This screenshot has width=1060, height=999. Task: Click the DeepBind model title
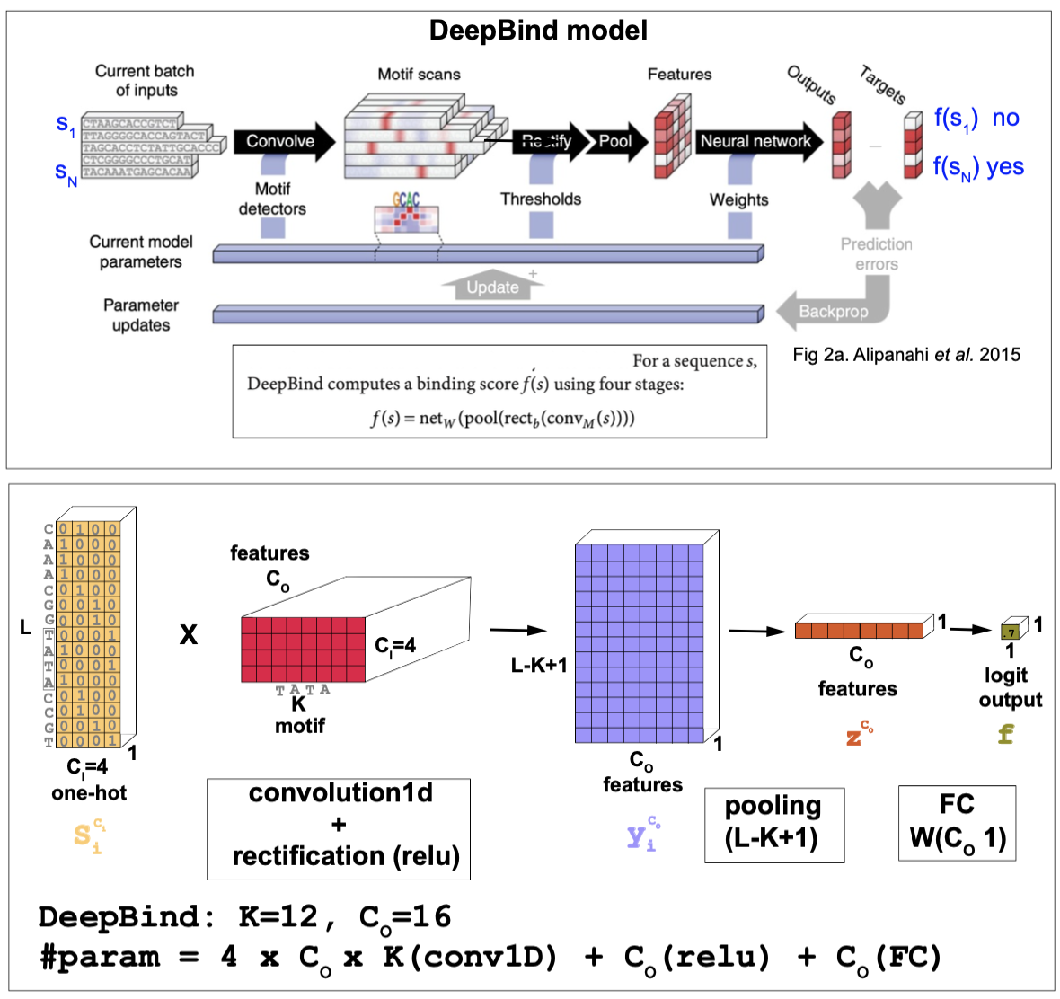coord(538,31)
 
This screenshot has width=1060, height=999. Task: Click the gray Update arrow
coord(492,286)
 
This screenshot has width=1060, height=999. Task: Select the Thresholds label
coord(541,199)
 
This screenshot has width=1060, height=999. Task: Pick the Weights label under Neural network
coord(738,199)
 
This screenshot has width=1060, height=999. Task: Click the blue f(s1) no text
coord(976,118)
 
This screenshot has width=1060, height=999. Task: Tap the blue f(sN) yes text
coord(977,167)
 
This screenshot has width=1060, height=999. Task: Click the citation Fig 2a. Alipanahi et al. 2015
coord(906,355)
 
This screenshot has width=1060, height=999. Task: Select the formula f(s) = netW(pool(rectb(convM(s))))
coord(502,418)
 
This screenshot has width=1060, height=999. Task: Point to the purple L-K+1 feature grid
coord(640,643)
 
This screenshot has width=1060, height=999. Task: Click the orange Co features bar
coord(859,630)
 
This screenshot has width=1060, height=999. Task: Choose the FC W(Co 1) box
coord(957,823)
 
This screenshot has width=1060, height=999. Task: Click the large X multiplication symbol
coord(189,635)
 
